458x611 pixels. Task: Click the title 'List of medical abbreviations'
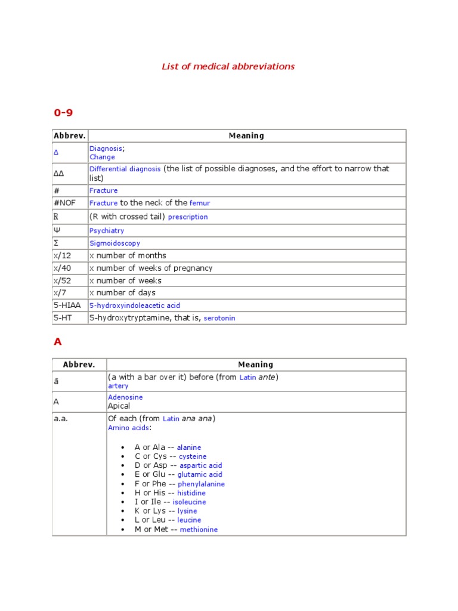(228, 66)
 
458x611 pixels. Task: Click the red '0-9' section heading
(63, 112)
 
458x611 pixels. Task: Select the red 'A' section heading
(58, 342)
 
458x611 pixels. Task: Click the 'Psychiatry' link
(107, 230)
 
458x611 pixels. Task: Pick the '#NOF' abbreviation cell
(64, 203)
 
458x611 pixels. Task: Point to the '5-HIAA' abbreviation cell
(67, 305)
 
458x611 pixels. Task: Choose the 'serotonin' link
(219, 319)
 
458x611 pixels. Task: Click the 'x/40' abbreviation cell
(62, 268)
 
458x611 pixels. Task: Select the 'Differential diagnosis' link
(125, 169)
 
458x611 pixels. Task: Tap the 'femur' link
(200, 203)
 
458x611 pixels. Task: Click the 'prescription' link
(188, 217)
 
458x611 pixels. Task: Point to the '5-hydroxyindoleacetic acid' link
(134, 305)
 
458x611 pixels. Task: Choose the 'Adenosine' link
(125, 397)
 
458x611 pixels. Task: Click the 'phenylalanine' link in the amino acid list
(201, 484)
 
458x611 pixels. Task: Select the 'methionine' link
(199, 530)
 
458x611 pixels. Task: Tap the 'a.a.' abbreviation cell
(61, 418)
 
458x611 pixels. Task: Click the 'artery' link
(118, 386)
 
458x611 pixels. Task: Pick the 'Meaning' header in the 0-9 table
(246, 136)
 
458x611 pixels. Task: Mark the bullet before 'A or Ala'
(122, 448)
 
